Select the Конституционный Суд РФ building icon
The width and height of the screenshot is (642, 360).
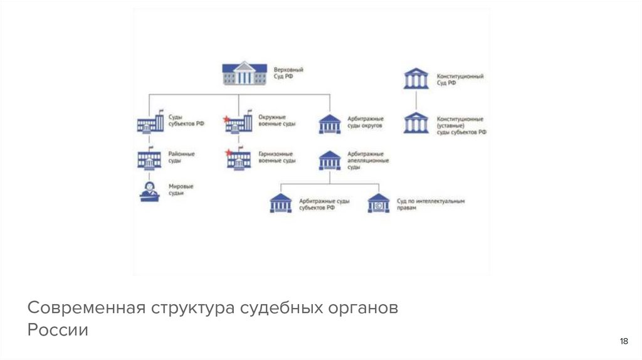tap(416, 78)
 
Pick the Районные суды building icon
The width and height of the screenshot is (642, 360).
tap(150, 159)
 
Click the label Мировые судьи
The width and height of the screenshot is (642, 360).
tap(181, 190)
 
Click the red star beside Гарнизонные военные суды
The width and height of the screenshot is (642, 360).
tap(228, 152)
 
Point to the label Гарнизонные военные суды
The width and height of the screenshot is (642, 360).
tap(276, 157)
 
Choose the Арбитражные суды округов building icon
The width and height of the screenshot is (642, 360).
tap(330, 124)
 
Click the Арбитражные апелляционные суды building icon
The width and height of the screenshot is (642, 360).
tap(330, 160)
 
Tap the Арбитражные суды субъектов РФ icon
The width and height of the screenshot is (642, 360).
tap(280, 203)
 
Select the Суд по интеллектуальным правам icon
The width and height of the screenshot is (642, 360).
tap(378, 203)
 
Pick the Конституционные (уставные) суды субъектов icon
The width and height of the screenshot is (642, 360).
tap(416, 122)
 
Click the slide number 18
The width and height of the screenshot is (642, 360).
tap(623, 341)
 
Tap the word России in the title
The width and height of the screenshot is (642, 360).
tap(58, 330)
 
